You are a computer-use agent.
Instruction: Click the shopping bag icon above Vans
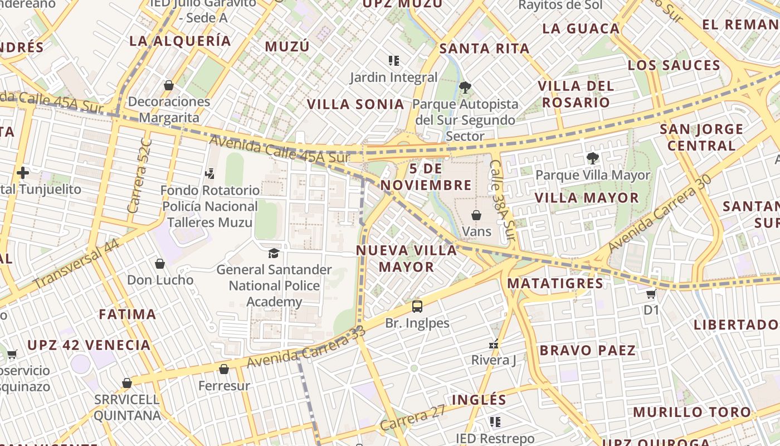click(476, 215)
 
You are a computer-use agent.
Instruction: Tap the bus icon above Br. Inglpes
click(417, 306)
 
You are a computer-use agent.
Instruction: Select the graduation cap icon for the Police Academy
click(274, 254)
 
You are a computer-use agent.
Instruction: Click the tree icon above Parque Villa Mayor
click(592, 158)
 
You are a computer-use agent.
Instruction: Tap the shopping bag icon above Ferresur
click(224, 369)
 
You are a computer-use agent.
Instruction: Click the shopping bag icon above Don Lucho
click(160, 264)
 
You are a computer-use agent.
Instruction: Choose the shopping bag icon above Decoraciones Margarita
click(168, 85)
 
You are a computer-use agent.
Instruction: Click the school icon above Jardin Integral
click(394, 60)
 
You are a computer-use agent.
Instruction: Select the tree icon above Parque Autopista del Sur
click(465, 87)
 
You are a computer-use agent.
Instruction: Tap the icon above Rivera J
click(493, 344)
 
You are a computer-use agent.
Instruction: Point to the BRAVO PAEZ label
click(587, 351)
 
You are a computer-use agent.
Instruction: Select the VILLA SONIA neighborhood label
click(355, 104)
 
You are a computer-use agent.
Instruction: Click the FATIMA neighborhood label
click(128, 314)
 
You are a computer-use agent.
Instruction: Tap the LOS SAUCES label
click(674, 65)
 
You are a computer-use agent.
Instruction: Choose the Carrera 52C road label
click(134, 176)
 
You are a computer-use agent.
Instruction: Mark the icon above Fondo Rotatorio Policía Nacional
click(209, 174)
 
